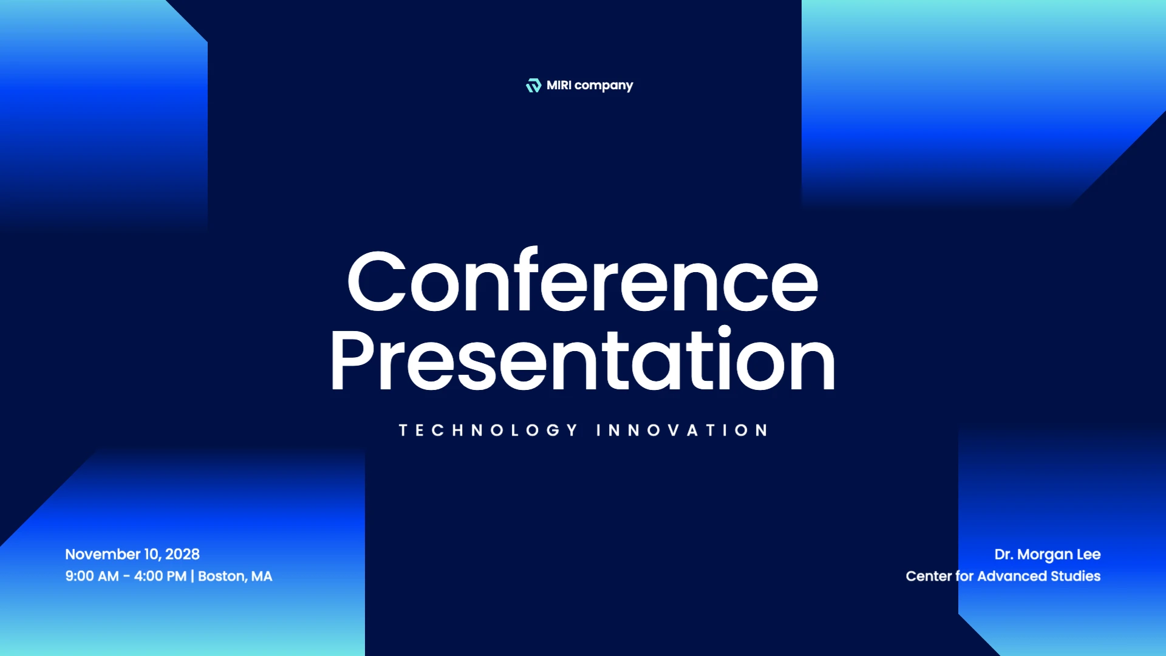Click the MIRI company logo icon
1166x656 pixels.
(x=533, y=86)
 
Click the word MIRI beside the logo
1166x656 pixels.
(x=559, y=85)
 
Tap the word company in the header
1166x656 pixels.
(x=604, y=86)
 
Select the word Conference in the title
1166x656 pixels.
(x=582, y=281)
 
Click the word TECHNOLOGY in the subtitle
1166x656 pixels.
(x=488, y=430)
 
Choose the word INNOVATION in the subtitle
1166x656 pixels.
(x=682, y=430)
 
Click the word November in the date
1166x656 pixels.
(x=103, y=554)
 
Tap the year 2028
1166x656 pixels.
(x=182, y=554)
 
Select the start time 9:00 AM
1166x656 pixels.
(x=92, y=576)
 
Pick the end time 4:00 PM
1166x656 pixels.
(x=160, y=576)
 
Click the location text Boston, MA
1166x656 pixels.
(x=235, y=576)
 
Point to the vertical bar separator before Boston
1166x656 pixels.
(x=193, y=576)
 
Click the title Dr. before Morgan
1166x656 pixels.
(x=1003, y=554)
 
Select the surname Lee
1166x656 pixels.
(x=1089, y=554)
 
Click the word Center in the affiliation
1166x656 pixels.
(x=929, y=576)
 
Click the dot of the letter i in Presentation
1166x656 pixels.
(x=724, y=331)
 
